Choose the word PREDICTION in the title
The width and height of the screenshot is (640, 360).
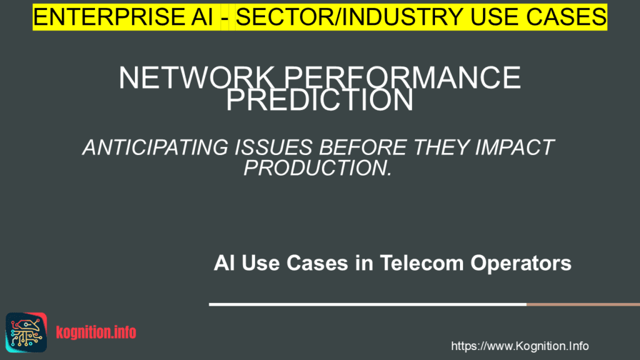(x=319, y=101)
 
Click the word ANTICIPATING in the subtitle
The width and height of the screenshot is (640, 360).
(x=151, y=147)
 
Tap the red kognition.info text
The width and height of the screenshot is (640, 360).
(x=96, y=332)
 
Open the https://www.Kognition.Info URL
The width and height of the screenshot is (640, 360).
(x=519, y=346)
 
